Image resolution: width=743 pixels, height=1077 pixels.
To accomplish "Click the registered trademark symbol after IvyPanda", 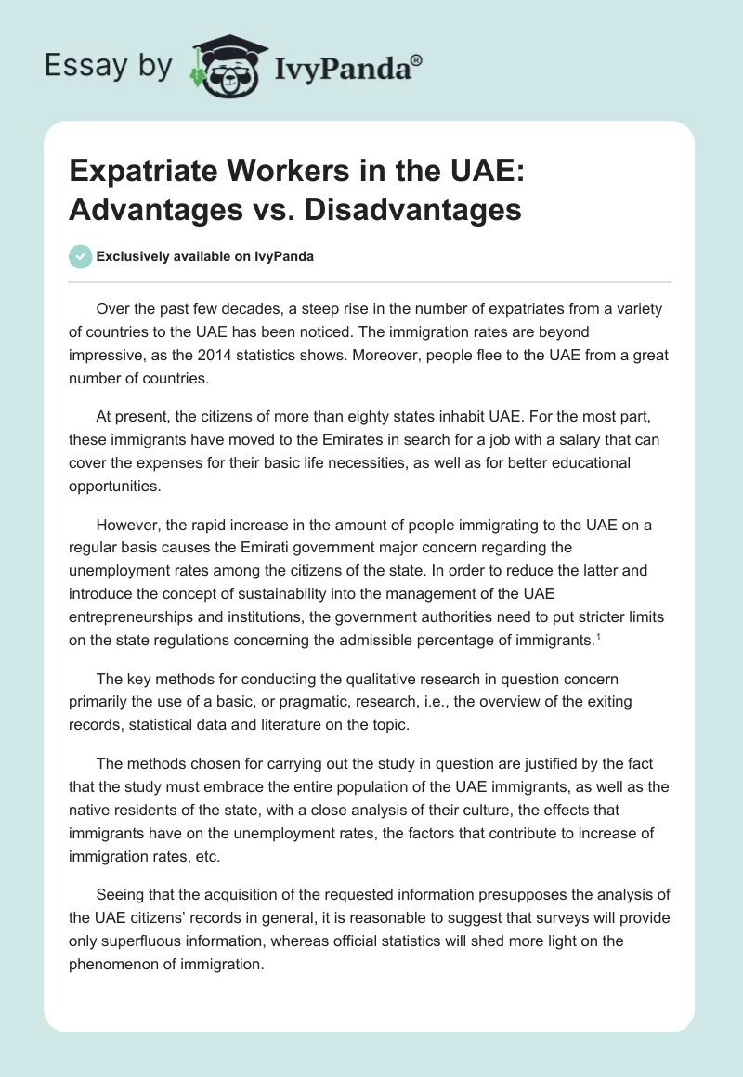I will [x=416, y=59].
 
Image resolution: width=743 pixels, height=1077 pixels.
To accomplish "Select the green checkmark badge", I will [x=81, y=257].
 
